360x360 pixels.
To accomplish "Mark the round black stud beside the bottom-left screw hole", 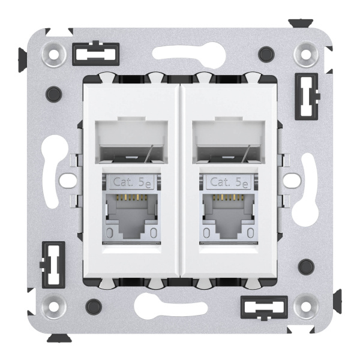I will tap(92, 304).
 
